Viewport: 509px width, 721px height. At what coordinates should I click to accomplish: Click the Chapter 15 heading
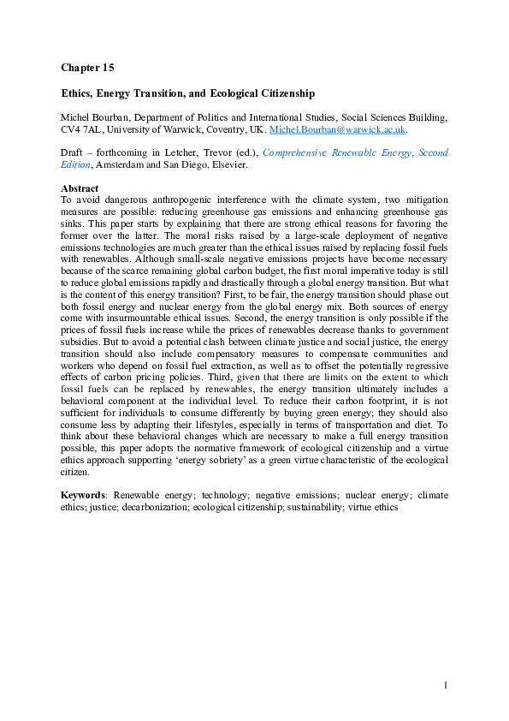pyautogui.click(x=87, y=67)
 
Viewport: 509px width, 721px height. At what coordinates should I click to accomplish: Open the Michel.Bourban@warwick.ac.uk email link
pyautogui.click(x=337, y=130)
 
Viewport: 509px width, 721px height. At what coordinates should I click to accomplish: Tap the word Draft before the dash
pyautogui.click(x=73, y=153)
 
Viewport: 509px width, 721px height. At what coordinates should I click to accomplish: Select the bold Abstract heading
pyautogui.click(x=80, y=188)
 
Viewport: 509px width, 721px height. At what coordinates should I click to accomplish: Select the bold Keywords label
pyautogui.click(x=84, y=495)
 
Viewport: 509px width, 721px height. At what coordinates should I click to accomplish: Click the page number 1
pyautogui.click(x=446, y=685)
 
